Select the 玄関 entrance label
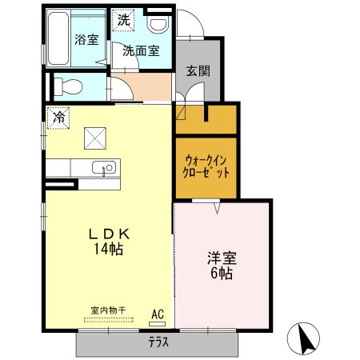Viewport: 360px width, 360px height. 198,70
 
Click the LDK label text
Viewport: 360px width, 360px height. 109,234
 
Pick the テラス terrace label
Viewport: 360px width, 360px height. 158,343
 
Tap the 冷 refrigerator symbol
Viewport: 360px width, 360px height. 58,117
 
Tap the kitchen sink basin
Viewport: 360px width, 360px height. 105,168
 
